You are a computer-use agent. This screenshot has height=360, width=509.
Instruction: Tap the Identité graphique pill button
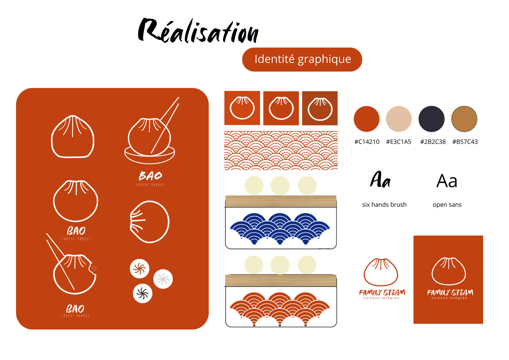click(302, 59)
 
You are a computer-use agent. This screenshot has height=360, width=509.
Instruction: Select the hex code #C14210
click(367, 142)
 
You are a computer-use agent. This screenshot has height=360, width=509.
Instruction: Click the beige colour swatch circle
click(398, 119)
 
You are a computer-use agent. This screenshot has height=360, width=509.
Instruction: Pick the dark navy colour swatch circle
click(431, 119)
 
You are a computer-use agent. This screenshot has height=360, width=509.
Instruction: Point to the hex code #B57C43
click(465, 142)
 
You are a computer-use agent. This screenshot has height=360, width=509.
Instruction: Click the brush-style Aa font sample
click(380, 180)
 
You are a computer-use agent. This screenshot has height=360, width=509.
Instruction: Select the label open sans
click(447, 205)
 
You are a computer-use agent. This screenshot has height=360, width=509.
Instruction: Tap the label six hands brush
click(384, 205)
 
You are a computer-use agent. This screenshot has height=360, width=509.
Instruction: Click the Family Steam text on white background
click(382, 292)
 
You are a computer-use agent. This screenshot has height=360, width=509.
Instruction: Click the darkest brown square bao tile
click(320, 108)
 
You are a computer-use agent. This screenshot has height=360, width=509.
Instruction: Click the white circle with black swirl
click(143, 293)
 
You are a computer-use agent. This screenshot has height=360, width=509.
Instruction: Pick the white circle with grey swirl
click(163, 279)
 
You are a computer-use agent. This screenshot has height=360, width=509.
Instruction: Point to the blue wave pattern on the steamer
click(280, 228)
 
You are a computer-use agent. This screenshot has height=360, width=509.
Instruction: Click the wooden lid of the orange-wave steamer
click(281, 280)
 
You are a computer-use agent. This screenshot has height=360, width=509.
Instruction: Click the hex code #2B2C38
click(433, 142)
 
